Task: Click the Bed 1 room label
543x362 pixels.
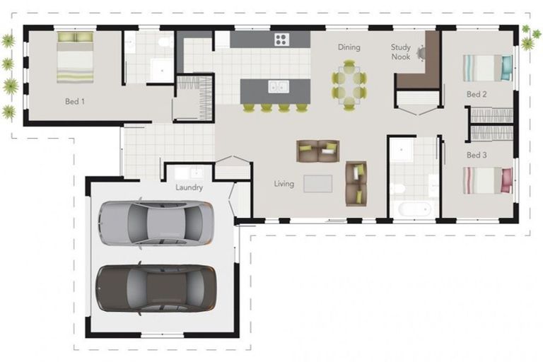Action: point(74,101)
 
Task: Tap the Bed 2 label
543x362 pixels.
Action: point(477,94)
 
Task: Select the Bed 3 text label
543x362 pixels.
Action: point(477,155)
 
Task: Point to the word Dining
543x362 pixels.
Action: point(349,47)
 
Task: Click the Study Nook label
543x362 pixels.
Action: point(401,52)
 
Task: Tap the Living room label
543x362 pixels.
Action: point(284,184)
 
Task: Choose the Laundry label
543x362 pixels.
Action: point(189,187)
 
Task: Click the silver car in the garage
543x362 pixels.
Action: point(156,223)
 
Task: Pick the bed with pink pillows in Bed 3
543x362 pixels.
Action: point(487,180)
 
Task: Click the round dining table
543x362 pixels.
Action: point(349,83)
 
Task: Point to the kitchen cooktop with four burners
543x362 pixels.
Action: point(281,40)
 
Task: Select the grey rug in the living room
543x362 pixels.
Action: point(317,183)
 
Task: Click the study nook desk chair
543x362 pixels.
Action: point(422,52)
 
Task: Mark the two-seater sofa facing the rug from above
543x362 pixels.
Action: point(317,151)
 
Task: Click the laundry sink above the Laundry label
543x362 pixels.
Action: point(188,172)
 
